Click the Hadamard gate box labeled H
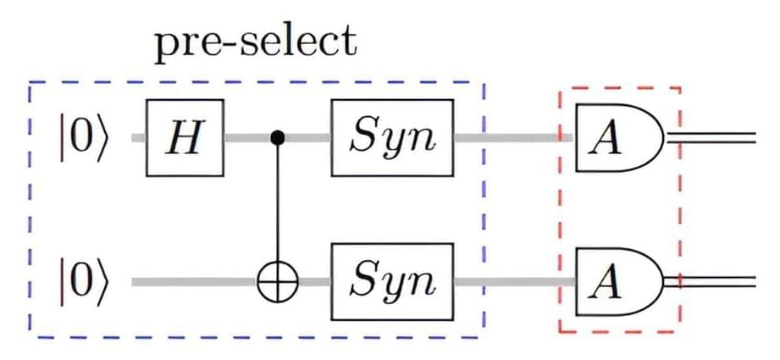tap(185, 138)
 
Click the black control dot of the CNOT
tap(276, 137)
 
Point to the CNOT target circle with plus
tap(277, 280)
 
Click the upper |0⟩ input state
tap(85, 138)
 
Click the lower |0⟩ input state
tap(85, 280)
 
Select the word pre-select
tap(255, 42)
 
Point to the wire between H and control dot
tap(247, 137)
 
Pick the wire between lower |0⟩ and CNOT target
tap(195, 280)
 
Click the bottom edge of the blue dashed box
tap(254, 336)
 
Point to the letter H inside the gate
tap(185, 138)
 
